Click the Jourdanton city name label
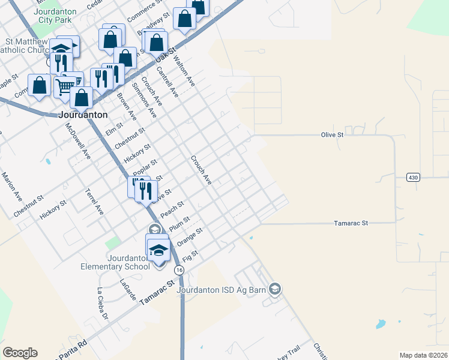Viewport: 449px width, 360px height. (85, 114)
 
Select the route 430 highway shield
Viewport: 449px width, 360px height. (412, 178)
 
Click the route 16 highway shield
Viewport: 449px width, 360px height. (179, 271)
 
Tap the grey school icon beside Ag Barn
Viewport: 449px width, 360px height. (275, 290)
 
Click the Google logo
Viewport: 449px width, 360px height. (20, 352)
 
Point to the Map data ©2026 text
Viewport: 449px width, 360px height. (423, 355)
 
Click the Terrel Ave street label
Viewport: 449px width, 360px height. (95, 202)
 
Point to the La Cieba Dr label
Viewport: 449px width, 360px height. (103, 304)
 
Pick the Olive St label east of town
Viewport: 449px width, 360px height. (332, 135)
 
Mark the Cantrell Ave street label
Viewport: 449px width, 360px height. (167, 81)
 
